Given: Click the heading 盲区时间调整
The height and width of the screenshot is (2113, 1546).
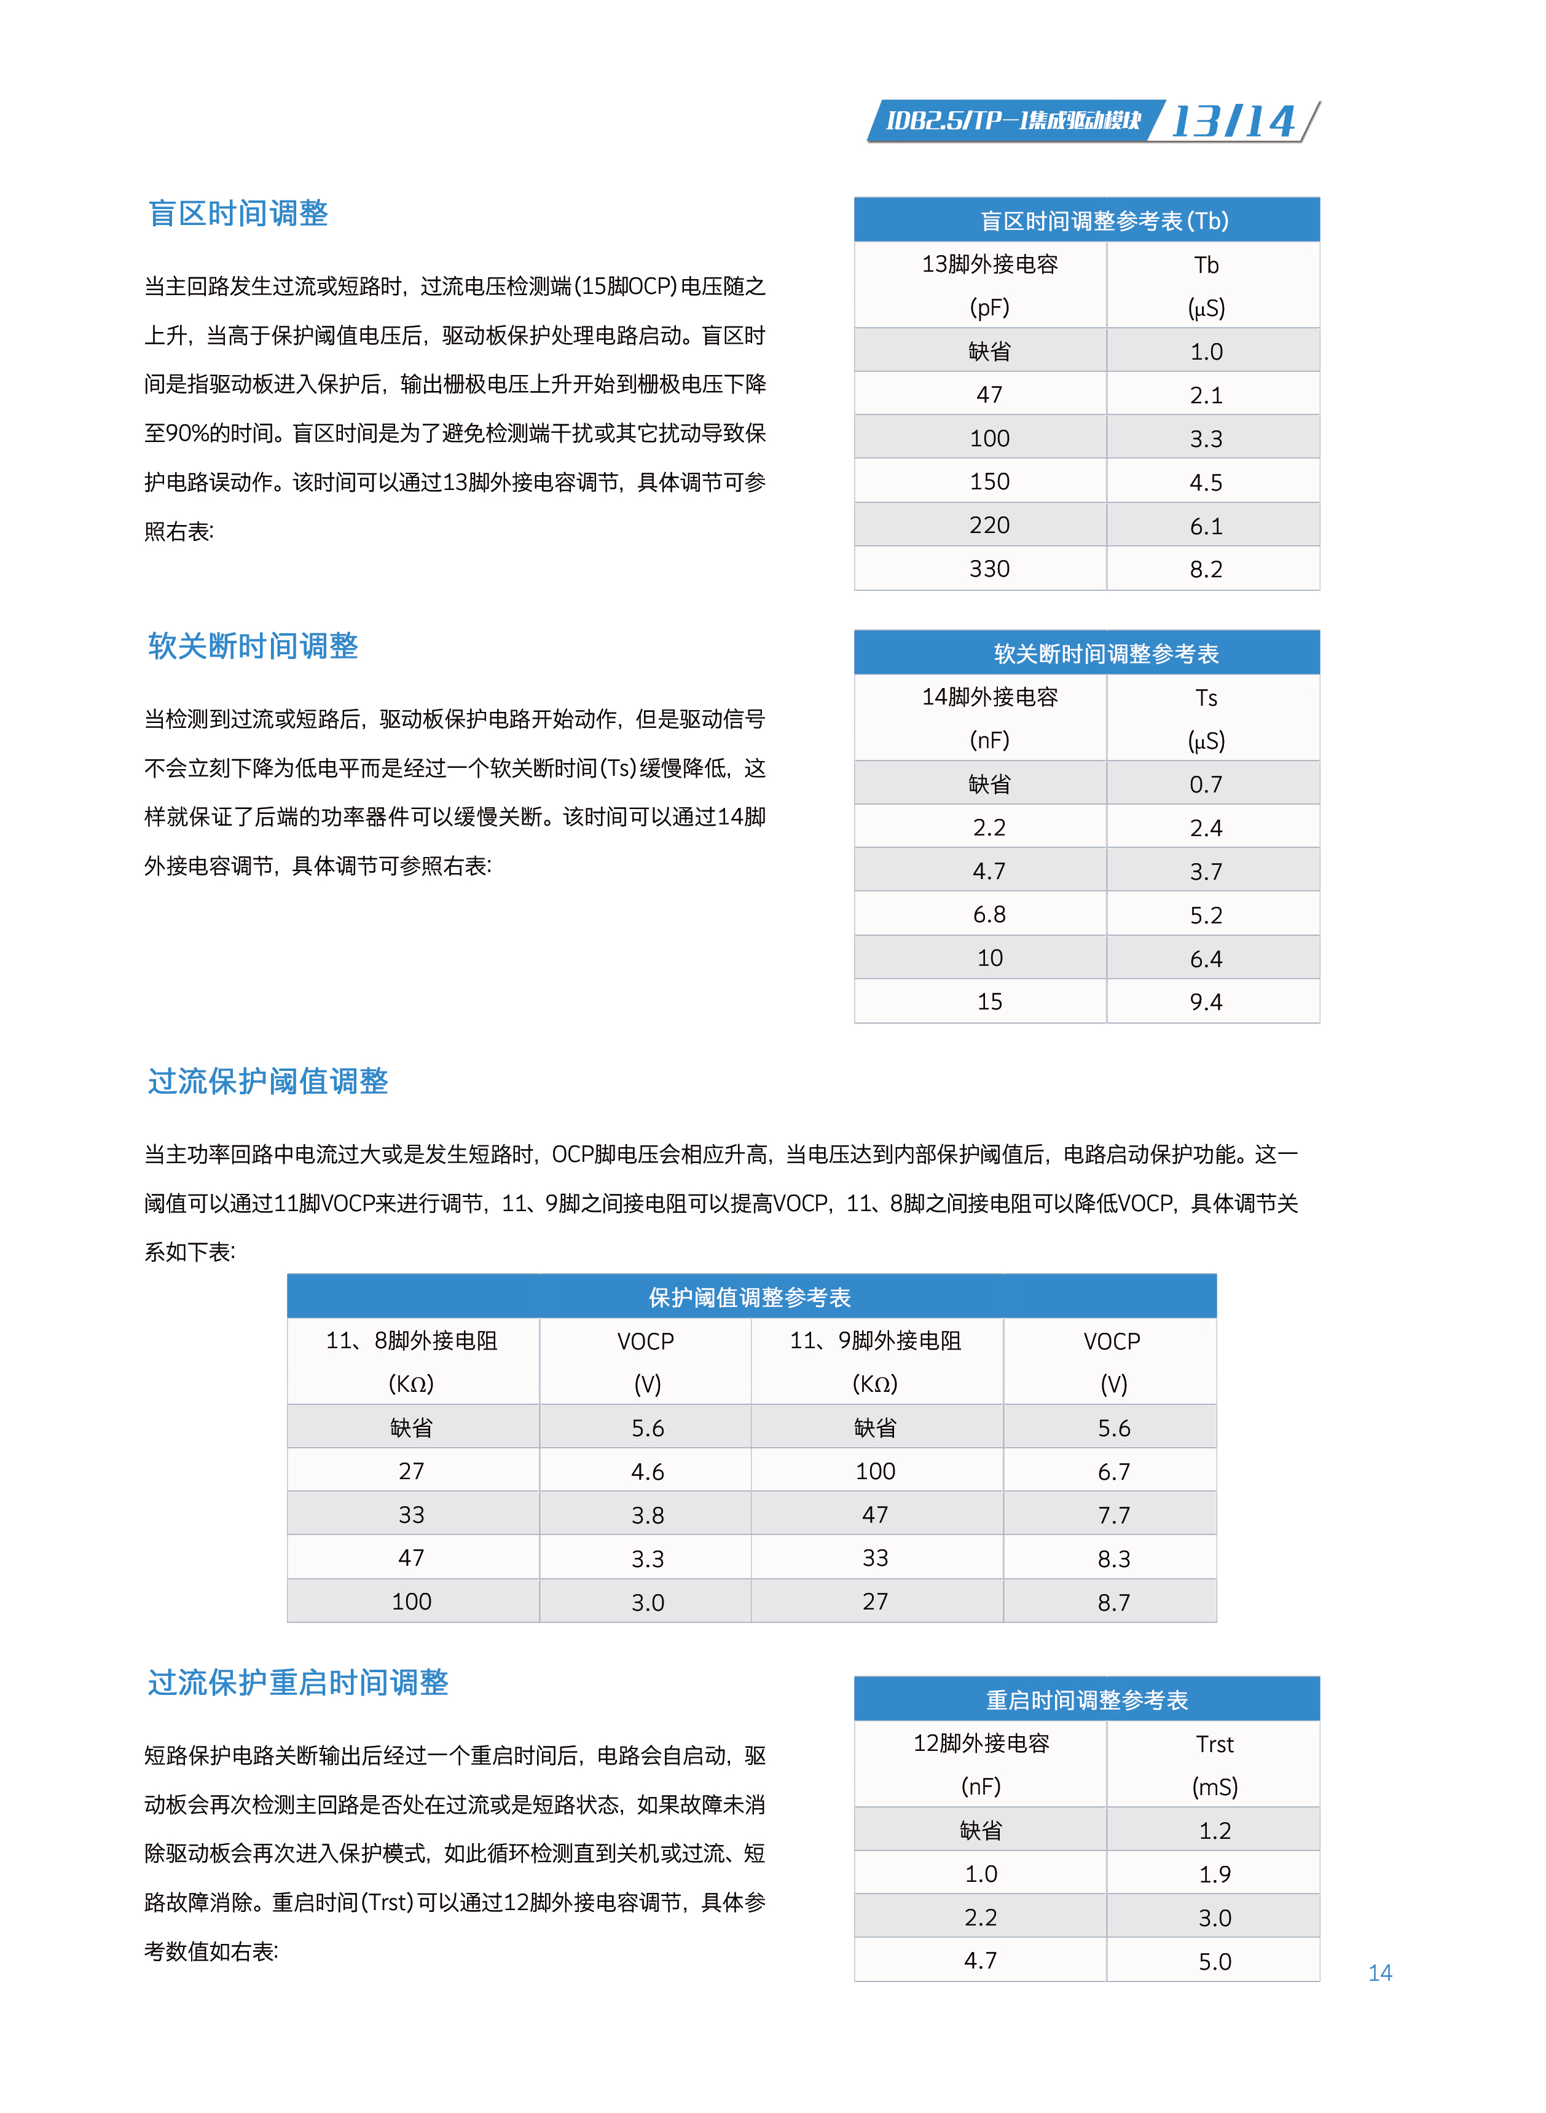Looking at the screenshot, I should pos(238,213).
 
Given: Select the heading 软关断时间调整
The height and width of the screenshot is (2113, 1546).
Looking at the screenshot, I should pos(253,646).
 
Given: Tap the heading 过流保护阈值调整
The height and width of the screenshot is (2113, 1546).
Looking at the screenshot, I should pos(268,1081).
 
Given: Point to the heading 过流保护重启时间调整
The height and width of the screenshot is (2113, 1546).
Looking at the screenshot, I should pos(297,1683).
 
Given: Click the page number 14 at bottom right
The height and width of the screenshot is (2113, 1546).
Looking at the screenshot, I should pos(1379,1973).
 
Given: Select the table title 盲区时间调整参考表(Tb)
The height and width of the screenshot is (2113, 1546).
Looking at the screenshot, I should pos(1104,221).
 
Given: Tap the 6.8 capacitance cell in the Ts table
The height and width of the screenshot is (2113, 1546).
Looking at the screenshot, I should pos(989,915).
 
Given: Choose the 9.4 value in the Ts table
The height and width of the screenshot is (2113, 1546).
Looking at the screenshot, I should pos(1206,1001).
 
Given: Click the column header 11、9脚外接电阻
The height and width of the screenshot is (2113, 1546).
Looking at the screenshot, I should pos(875,1341).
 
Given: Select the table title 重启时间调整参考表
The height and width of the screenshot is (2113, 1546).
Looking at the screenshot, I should pos(1086,1700).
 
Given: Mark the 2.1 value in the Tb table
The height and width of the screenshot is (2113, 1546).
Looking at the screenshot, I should pos(1206,395).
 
